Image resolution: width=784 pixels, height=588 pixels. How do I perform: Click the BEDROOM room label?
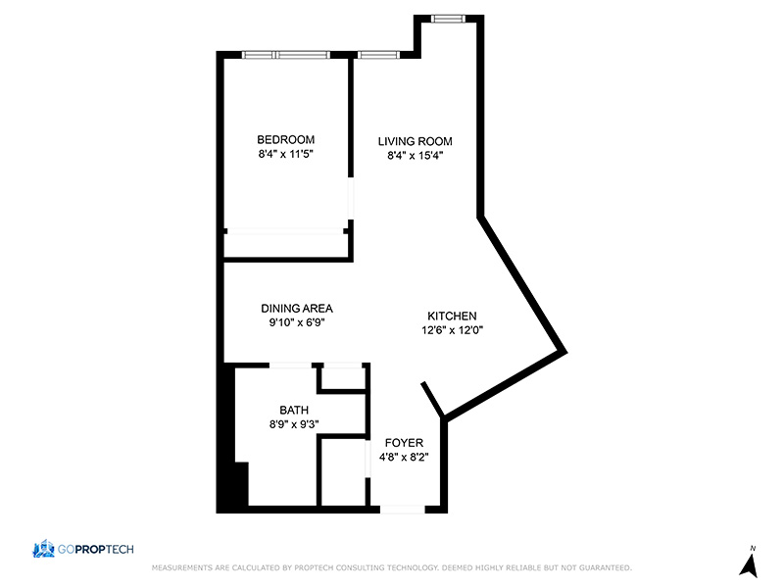click(x=285, y=139)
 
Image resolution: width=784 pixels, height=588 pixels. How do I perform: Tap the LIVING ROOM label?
click(x=415, y=141)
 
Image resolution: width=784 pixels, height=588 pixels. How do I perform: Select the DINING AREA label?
click(x=297, y=309)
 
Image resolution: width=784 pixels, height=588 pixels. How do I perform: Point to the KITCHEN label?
click(x=452, y=316)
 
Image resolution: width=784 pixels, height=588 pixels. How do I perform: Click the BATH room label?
click(x=294, y=411)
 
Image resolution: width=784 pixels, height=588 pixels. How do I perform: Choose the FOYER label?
click(x=404, y=443)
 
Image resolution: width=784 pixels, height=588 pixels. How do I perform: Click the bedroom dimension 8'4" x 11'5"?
click(x=285, y=154)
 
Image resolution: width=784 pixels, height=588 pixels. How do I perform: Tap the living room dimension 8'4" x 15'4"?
click(x=415, y=156)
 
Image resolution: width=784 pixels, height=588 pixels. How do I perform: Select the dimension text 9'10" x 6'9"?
click(x=297, y=322)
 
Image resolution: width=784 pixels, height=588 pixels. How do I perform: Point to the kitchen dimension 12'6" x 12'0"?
click(x=452, y=330)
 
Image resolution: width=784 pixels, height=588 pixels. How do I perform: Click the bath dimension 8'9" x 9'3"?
click(x=294, y=424)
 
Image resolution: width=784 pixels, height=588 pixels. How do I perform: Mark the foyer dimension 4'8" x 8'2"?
click(x=404, y=457)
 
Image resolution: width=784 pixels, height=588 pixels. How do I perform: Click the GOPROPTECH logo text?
click(x=95, y=550)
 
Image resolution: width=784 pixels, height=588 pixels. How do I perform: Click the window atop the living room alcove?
click(x=449, y=19)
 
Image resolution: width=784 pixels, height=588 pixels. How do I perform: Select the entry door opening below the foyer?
click(x=403, y=510)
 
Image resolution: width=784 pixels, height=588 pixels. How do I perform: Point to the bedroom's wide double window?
click(x=286, y=55)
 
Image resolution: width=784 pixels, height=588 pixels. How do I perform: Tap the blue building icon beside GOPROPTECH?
click(x=43, y=549)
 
